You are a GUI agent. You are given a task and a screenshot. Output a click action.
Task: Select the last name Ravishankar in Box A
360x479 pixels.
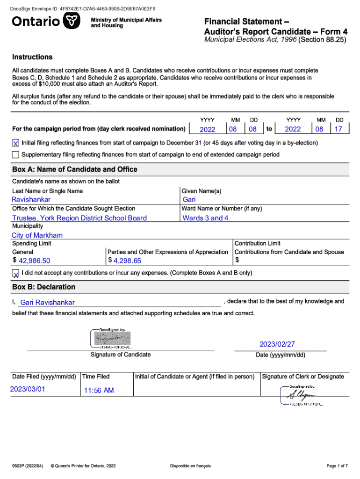click(31, 200)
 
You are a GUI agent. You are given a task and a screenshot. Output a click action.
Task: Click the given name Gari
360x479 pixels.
click(189, 200)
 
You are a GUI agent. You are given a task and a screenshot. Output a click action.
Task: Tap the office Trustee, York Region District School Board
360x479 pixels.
click(79, 218)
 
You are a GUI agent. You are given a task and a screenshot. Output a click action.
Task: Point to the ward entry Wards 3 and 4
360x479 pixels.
click(205, 218)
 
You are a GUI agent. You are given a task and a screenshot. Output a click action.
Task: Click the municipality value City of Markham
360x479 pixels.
click(37, 235)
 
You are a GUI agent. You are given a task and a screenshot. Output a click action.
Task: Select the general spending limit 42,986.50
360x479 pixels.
click(34, 261)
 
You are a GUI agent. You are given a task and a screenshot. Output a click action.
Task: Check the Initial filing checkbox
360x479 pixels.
click(16, 143)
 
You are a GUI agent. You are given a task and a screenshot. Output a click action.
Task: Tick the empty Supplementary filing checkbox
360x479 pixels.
click(16, 154)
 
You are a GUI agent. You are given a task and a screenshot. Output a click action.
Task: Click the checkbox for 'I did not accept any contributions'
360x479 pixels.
click(16, 273)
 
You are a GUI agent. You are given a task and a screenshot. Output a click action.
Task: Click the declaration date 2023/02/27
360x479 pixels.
click(277, 344)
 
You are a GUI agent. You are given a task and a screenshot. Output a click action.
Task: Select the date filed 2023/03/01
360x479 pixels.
click(28, 389)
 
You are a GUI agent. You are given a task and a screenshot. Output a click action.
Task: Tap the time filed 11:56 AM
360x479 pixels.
click(99, 390)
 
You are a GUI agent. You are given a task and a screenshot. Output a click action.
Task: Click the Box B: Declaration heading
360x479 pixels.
click(43, 287)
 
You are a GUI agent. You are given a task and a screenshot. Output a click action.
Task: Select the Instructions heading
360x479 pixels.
click(32, 57)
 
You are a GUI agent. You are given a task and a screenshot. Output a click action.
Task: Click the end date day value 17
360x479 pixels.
click(338, 129)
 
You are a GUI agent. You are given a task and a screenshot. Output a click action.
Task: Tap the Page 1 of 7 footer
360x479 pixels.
click(337, 466)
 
